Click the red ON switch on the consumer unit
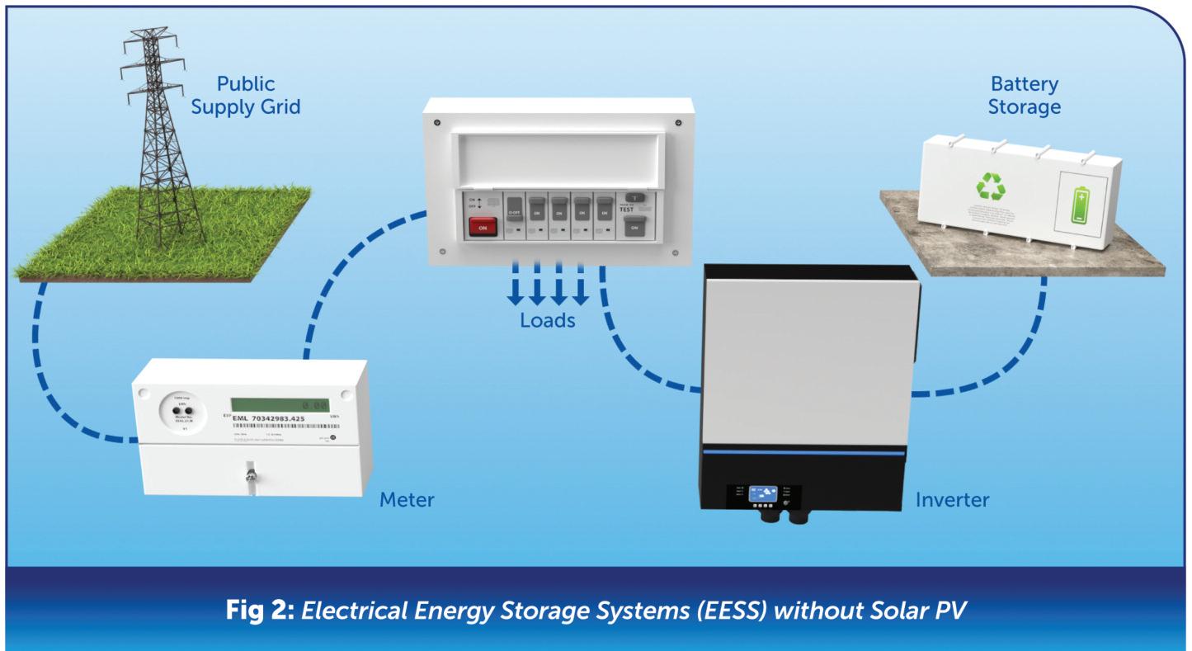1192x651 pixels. click(482, 227)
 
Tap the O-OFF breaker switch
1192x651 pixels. click(516, 210)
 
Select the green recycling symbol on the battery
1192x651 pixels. click(991, 186)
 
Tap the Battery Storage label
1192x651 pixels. click(1025, 96)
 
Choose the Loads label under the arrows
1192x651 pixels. click(548, 320)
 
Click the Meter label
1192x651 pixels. click(407, 499)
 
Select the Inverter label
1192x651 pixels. click(953, 499)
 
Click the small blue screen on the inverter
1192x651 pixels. click(760, 493)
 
